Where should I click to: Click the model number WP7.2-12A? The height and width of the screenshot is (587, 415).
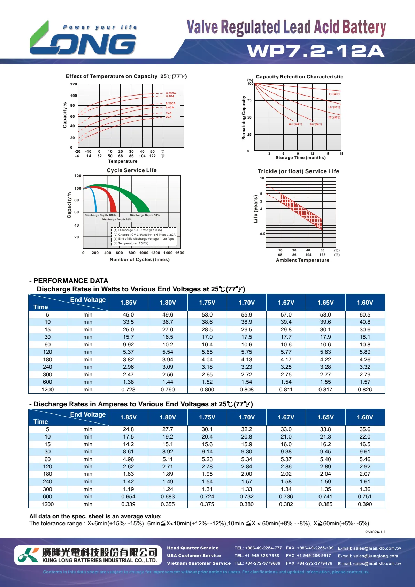(x=316, y=51)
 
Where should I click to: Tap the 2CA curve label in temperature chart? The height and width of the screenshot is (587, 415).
(x=169, y=117)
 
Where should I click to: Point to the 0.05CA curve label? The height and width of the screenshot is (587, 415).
(x=171, y=93)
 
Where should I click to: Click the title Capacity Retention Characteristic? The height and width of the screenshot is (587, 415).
(x=299, y=77)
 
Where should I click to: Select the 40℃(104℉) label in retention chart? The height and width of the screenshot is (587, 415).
(x=295, y=124)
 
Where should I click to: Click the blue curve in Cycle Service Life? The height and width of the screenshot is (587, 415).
(x=94, y=199)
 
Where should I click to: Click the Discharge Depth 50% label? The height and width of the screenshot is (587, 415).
(x=116, y=220)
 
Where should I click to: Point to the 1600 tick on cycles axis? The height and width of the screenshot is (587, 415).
(x=179, y=253)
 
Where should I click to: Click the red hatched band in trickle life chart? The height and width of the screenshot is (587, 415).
(x=301, y=210)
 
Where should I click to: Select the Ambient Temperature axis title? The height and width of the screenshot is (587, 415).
(x=302, y=260)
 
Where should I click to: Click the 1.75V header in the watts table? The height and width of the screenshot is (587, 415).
(x=207, y=303)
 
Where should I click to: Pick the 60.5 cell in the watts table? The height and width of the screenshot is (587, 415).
(x=365, y=315)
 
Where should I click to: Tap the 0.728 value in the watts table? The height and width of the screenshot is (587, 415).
(x=128, y=390)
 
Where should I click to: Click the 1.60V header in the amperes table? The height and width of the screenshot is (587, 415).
(x=365, y=417)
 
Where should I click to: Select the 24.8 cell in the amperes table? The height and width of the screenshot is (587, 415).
(x=128, y=429)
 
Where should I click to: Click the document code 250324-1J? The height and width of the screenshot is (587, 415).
(x=375, y=532)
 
